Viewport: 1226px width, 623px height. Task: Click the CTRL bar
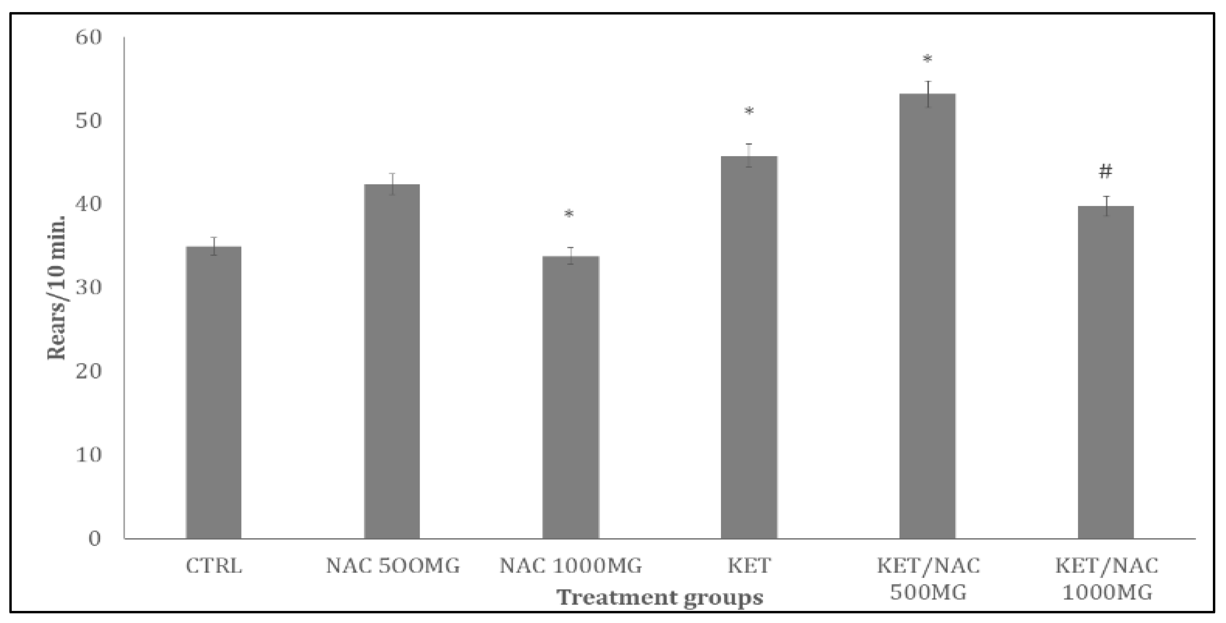tap(214, 393)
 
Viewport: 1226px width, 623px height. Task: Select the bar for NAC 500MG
tap(392, 362)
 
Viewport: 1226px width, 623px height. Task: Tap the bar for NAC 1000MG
tap(571, 397)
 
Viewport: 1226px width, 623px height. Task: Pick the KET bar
tap(749, 347)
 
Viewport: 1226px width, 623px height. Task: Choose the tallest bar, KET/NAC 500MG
tap(928, 316)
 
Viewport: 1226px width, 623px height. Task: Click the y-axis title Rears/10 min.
tap(57, 288)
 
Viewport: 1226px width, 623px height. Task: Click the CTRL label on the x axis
tap(214, 566)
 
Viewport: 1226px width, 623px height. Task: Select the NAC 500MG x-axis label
tap(393, 566)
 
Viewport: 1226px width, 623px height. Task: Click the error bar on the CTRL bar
tap(214, 246)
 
